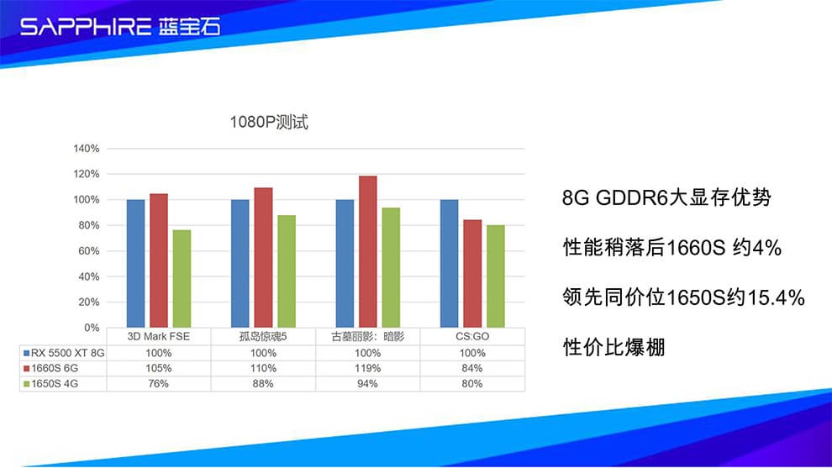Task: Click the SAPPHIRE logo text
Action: pos(86,26)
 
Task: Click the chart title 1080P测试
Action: pos(268,122)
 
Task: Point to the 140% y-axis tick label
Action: pos(87,149)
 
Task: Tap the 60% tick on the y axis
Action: pos(89,251)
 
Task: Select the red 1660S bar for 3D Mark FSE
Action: pos(159,260)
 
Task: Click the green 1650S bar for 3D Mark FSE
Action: pos(182,279)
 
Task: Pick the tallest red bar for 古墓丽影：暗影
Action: pos(368,251)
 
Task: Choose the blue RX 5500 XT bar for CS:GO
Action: pos(449,264)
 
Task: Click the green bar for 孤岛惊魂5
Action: pos(287,271)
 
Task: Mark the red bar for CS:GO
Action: pos(472,274)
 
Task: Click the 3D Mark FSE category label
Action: pos(158,336)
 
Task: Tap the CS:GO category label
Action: pos(472,336)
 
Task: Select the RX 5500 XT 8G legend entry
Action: pos(64,353)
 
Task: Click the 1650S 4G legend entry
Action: pos(50,384)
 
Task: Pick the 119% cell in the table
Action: pos(367,368)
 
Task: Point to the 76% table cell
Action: pos(158,384)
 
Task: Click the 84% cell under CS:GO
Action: pos(472,368)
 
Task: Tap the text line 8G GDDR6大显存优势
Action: pos(666,198)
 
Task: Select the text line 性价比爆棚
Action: pos(614,348)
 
